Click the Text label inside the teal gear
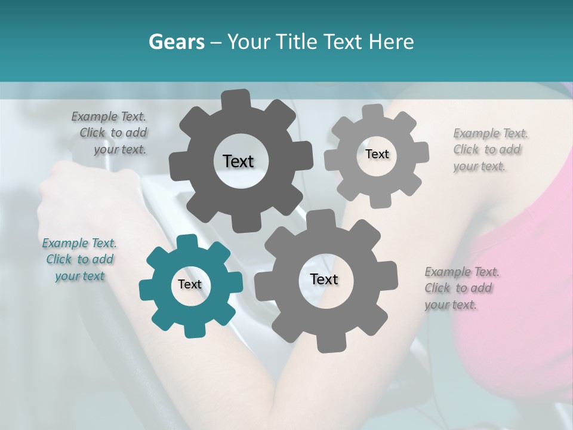pyautogui.click(x=190, y=284)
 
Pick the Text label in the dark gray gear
pyautogui.click(x=238, y=161)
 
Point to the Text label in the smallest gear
pyautogui.click(x=377, y=154)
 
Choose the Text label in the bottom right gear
pyautogui.click(x=324, y=279)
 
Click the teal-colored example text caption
pyautogui.click(x=79, y=259)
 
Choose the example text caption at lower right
pyautogui.click(x=461, y=288)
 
